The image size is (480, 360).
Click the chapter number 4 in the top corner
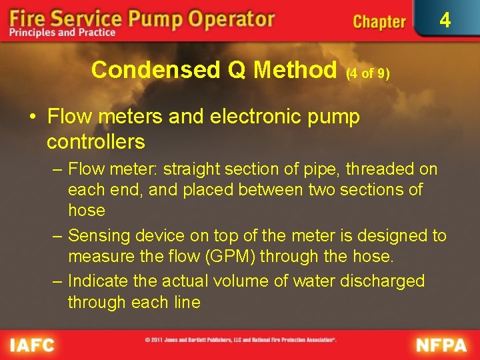pos(445,21)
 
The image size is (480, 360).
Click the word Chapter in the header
pos(379,22)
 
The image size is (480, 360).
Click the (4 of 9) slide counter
pos(367,74)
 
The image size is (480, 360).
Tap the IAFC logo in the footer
pos(32,345)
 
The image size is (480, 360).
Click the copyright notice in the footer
pos(241,340)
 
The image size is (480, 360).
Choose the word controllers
pos(96,141)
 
